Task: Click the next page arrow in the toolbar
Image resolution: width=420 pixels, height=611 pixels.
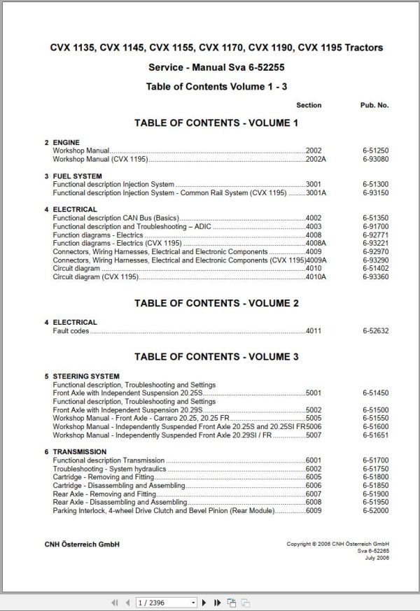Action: pos(204,602)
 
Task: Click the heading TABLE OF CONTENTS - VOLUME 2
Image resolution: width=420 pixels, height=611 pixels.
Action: pos(216,303)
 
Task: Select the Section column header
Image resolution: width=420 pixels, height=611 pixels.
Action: pos(309,105)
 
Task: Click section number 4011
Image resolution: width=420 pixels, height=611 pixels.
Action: pos(314,330)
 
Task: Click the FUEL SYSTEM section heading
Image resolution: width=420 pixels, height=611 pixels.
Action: pos(77,176)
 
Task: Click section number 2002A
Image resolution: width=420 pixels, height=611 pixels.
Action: pos(316,160)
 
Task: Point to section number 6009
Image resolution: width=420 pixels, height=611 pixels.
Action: pos(314,511)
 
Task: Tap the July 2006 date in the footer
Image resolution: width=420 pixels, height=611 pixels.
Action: pos(377,558)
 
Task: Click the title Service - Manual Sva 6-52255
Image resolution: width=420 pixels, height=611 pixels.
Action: pos(216,67)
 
